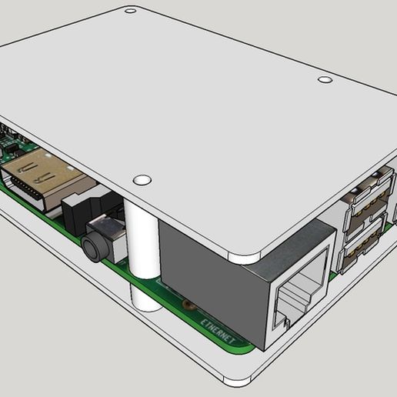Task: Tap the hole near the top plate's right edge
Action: [x=325, y=79]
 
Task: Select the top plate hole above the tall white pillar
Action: [x=142, y=180]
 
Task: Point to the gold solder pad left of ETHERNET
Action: [x=187, y=306]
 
